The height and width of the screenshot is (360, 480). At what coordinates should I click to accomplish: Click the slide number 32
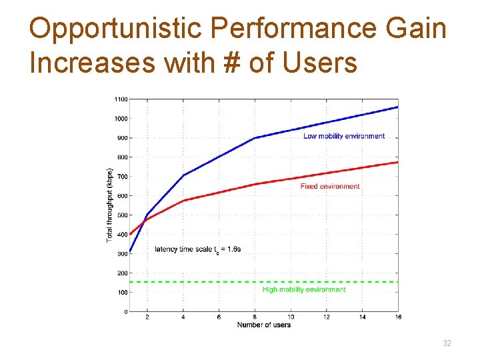tap(447, 343)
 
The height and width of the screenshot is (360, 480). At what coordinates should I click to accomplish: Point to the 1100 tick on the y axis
tap(120, 99)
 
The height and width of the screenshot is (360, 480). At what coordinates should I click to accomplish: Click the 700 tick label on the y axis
tap(121, 177)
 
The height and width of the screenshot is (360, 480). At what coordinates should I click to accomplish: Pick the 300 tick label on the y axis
tap(121, 254)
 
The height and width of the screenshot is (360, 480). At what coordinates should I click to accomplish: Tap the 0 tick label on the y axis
tap(125, 312)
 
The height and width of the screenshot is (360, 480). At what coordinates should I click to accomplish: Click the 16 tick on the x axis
tap(397, 318)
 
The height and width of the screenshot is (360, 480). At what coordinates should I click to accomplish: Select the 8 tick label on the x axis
tap(255, 318)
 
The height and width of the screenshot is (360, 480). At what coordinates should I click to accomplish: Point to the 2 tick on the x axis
tap(147, 318)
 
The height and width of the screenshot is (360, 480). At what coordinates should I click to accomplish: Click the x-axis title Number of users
tap(263, 325)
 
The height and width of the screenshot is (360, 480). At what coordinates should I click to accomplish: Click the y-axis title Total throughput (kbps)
tap(109, 205)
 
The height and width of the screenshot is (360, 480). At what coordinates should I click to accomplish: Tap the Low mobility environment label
tap(343, 136)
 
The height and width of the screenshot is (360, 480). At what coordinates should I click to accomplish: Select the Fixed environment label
tap(330, 187)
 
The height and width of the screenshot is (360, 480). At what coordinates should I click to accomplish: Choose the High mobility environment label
tap(304, 290)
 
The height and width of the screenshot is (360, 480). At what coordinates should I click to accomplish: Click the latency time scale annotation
tap(198, 249)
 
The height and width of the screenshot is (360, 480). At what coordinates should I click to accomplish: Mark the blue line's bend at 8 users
tap(255, 138)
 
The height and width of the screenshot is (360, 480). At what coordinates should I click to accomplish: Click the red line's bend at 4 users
tap(183, 200)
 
